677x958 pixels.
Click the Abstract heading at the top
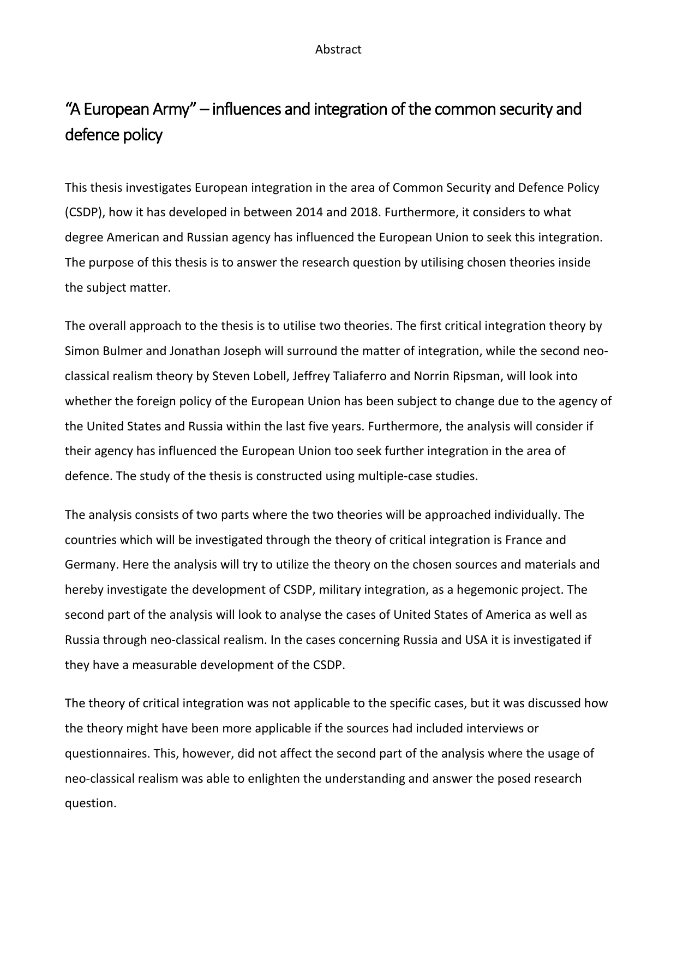pos(338,50)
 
